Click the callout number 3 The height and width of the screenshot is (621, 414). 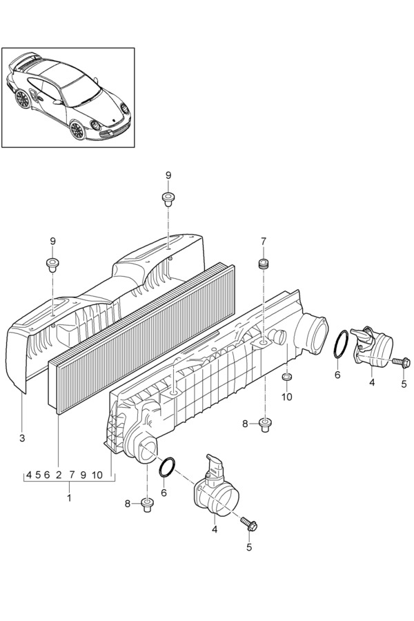tap(22, 438)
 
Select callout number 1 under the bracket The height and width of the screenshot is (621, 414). tap(69, 497)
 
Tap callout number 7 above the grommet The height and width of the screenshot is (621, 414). tap(264, 241)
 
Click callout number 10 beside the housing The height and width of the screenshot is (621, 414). tap(287, 397)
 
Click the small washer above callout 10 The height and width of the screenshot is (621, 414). tap(287, 376)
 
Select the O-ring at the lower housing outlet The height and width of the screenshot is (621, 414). tap(167, 468)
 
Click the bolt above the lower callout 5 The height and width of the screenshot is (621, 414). tap(248, 524)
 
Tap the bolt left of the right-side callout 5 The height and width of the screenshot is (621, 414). tap(402, 362)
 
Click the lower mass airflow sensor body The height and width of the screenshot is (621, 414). tap(215, 489)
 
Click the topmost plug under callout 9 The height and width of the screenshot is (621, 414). tap(168, 199)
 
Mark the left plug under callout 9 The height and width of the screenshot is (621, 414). tap(52, 264)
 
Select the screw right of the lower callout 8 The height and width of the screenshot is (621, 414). tap(146, 505)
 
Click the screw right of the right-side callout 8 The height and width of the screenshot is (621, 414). tap(265, 425)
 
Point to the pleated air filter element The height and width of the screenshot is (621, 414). tap(141, 339)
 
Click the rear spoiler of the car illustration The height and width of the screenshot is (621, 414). tap(25, 59)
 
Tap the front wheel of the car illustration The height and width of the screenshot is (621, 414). tap(77, 130)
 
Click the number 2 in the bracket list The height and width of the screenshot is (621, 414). tap(59, 475)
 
